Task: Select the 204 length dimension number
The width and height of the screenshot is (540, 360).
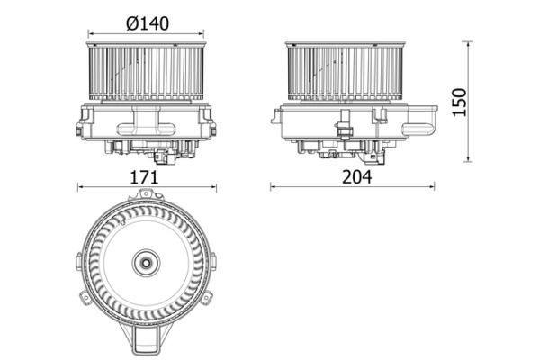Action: [355, 177]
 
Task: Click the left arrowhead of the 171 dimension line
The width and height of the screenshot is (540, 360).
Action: [81, 188]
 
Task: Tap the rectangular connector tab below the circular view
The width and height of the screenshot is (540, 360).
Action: [146, 341]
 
